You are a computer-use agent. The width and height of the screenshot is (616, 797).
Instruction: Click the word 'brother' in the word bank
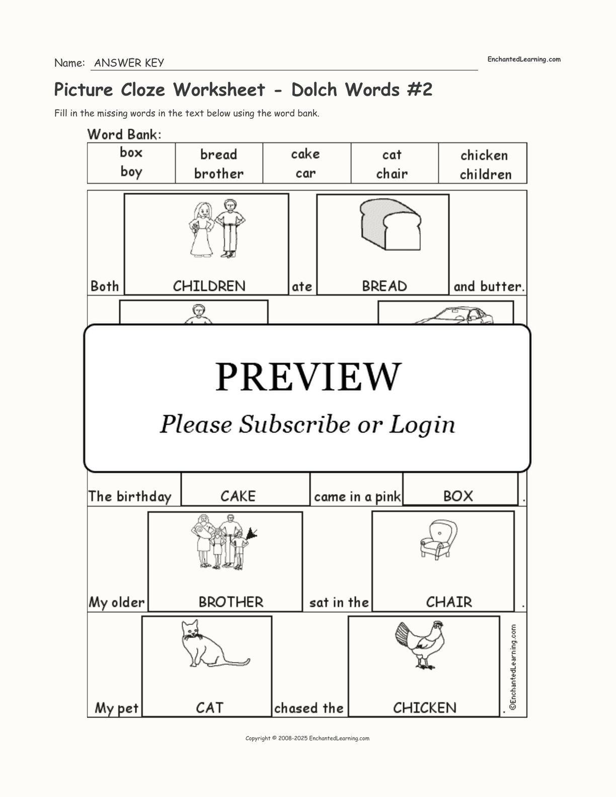click(x=218, y=174)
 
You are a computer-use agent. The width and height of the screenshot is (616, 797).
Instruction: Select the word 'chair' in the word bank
click(x=392, y=174)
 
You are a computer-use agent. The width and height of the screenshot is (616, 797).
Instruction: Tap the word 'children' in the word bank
click(x=485, y=175)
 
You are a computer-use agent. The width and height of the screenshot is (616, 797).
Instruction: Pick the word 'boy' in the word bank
click(x=131, y=172)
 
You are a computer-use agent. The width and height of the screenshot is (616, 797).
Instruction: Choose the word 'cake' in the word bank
click(x=305, y=154)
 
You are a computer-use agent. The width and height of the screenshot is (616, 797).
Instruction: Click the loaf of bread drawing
click(x=391, y=224)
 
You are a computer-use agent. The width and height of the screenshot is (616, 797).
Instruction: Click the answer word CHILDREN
click(x=209, y=286)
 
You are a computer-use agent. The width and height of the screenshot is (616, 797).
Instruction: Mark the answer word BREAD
click(x=384, y=286)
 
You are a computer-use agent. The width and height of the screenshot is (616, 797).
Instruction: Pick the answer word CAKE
click(x=238, y=496)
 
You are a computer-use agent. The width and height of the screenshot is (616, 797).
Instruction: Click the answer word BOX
click(x=457, y=496)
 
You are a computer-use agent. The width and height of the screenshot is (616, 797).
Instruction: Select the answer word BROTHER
click(x=230, y=602)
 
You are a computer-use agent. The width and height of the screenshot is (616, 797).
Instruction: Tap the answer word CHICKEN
click(x=424, y=707)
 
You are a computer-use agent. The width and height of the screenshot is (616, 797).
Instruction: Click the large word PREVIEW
click(x=308, y=376)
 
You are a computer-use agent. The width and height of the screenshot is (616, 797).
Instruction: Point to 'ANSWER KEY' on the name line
click(x=129, y=63)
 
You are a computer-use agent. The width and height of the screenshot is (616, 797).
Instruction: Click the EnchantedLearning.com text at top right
click(x=523, y=59)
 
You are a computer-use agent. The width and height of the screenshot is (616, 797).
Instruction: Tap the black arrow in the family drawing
click(x=252, y=534)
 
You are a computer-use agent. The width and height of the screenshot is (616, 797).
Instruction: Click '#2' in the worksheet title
click(x=420, y=90)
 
